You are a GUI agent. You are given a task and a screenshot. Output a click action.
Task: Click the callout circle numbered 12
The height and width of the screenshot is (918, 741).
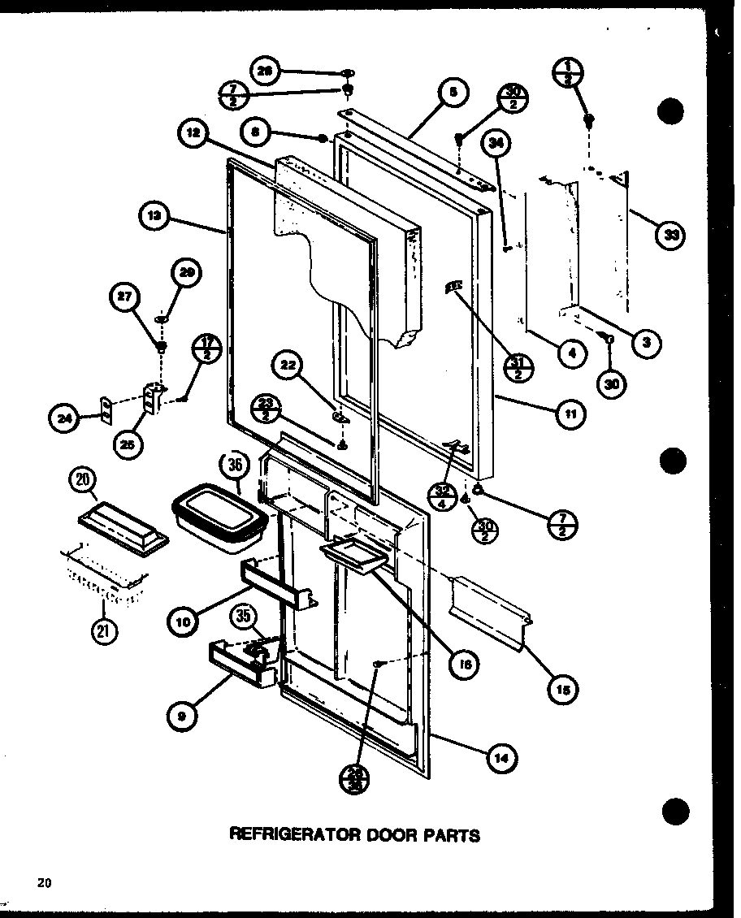(x=193, y=134)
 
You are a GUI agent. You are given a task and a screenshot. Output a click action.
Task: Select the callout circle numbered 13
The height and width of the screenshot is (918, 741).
(x=154, y=216)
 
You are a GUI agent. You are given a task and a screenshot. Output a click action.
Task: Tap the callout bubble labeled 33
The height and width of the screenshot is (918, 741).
(x=670, y=236)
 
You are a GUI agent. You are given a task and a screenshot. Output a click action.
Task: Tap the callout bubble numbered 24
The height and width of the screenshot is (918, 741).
(x=63, y=418)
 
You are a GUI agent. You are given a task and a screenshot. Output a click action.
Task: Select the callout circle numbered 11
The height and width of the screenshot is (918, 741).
(x=570, y=414)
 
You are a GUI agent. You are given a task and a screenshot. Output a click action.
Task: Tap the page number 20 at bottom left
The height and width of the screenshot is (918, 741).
(x=44, y=883)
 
